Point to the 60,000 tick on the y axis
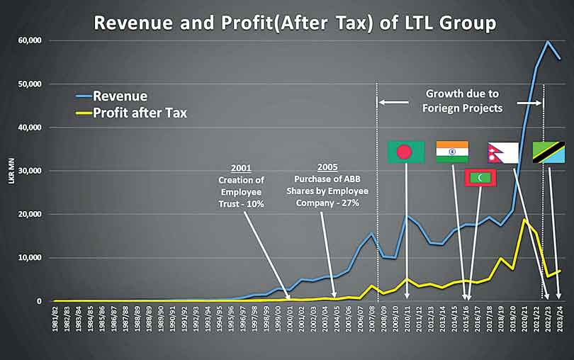pos(28,40)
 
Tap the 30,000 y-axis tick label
pos(28,171)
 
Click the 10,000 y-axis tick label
pos(28,257)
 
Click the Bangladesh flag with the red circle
pos(405,152)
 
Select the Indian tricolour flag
pos(452,152)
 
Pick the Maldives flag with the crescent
pos(480,178)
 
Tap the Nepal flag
pos(503,152)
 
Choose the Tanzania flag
pos(548,152)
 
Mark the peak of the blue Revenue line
pos(548,41)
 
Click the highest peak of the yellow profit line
pos(524,220)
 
